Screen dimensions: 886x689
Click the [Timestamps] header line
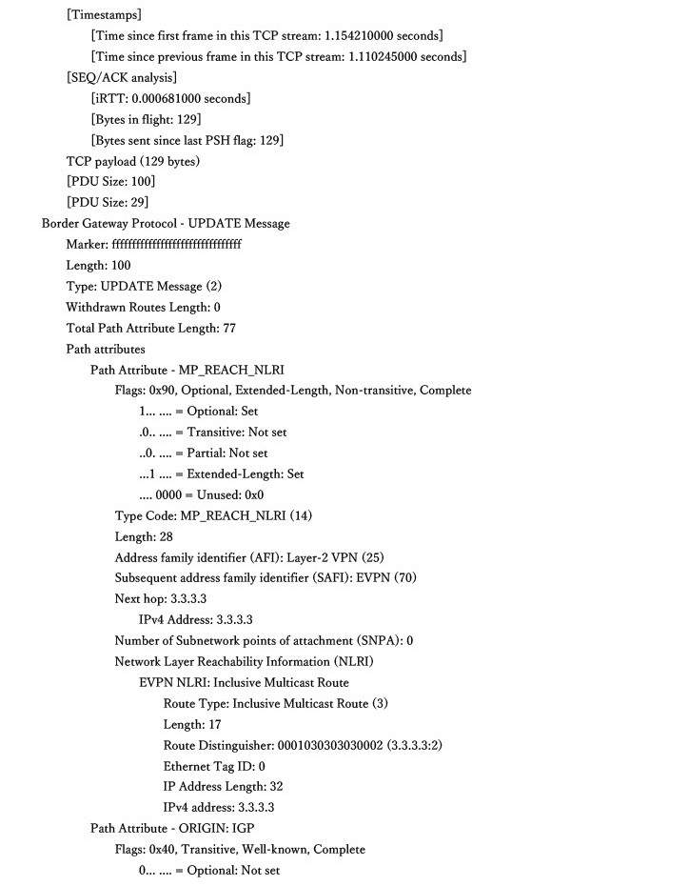(104, 15)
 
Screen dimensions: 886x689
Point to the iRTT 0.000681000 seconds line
(170, 99)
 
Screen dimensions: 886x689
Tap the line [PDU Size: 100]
(110, 182)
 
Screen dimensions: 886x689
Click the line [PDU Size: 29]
(108, 203)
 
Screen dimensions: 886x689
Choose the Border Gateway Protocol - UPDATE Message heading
(166, 224)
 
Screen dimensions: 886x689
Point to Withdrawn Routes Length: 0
(143, 308)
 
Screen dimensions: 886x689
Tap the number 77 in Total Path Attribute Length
(228, 329)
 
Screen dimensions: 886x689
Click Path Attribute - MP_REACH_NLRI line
(187, 370)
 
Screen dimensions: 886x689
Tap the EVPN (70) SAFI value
(388, 578)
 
